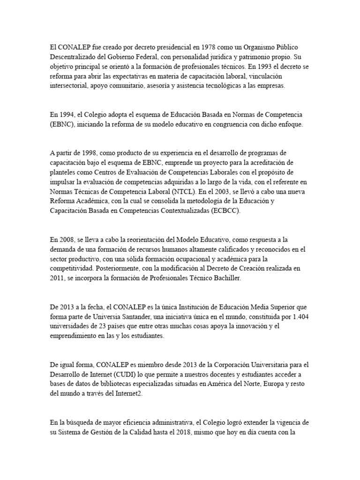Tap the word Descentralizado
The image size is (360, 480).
[74, 57]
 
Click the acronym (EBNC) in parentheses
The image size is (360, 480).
[62, 125]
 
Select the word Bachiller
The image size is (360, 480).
[226, 278]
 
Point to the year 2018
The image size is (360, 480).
[182, 432]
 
